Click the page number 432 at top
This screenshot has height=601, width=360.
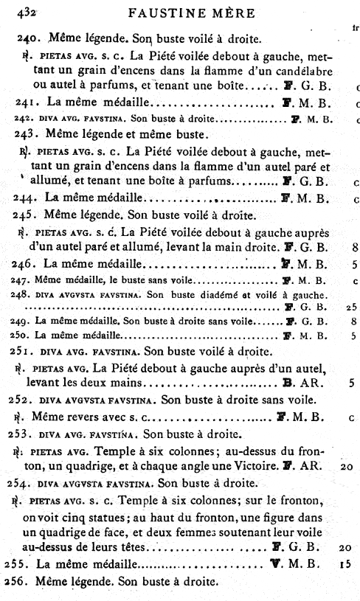click(16, 12)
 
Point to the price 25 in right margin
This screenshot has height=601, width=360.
click(352, 306)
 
